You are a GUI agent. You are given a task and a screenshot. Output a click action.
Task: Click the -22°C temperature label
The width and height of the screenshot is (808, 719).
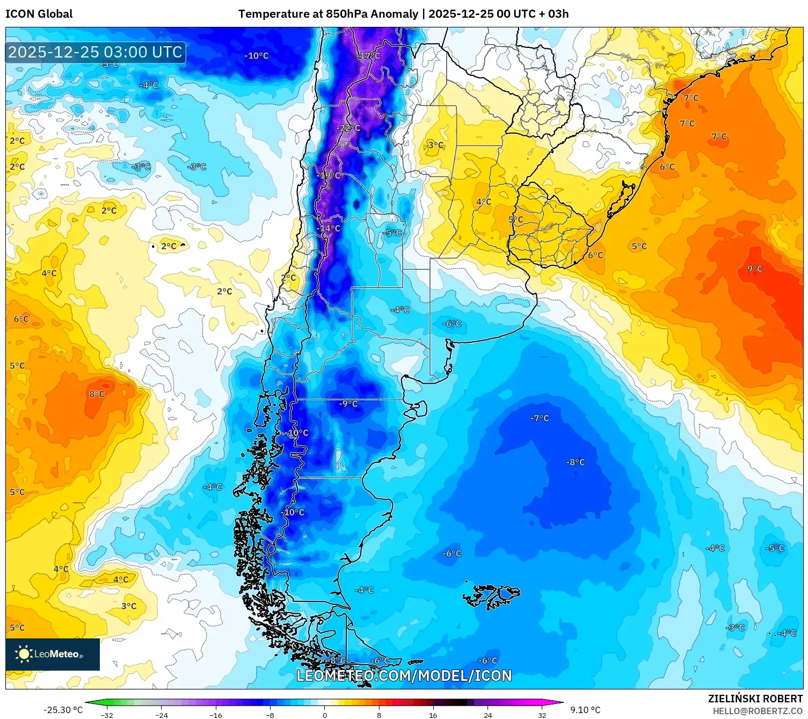[x=348, y=128]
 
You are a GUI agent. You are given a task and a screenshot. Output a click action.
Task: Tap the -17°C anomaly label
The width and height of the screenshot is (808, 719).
[x=369, y=56]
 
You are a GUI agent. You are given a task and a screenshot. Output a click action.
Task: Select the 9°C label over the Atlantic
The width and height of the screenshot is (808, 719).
[x=754, y=269]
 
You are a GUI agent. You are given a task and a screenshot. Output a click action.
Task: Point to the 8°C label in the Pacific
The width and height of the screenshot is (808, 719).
[x=97, y=394]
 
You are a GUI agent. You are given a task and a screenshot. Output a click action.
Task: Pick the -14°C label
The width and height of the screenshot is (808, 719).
[x=329, y=228]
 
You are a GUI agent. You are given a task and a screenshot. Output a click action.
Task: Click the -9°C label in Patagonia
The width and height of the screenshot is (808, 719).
[x=348, y=404]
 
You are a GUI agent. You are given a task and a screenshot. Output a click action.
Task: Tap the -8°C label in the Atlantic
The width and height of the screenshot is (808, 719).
[x=576, y=462]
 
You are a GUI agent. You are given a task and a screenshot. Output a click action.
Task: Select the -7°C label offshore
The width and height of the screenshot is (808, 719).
[x=540, y=418]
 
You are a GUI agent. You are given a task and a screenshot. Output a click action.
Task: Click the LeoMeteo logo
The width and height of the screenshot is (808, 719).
[x=53, y=654]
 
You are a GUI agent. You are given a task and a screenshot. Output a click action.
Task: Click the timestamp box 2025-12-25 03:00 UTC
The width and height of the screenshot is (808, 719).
[x=96, y=52]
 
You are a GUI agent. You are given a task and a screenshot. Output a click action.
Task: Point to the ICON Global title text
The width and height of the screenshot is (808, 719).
[x=39, y=14]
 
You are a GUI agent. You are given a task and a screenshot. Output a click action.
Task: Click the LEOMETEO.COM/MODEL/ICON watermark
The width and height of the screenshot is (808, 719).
[x=404, y=675]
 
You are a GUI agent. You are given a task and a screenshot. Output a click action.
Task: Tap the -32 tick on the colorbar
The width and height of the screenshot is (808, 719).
[x=107, y=715]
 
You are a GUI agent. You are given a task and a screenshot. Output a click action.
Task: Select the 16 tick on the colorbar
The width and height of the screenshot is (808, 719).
[x=433, y=715]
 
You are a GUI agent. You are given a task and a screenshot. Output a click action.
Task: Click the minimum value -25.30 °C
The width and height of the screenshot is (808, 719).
[x=63, y=710]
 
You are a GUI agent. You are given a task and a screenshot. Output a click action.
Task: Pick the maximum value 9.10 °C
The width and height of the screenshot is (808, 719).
[x=585, y=710]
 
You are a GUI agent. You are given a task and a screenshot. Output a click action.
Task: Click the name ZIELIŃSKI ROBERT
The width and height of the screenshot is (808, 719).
[x=755, y=699]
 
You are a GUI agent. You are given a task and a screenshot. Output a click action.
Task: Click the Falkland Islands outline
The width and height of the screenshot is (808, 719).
[x=491, y=595]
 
